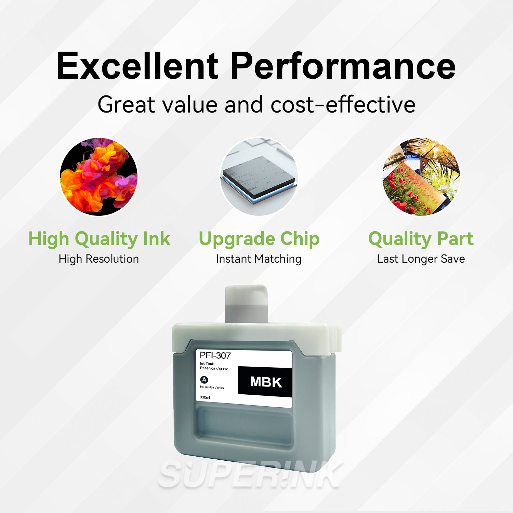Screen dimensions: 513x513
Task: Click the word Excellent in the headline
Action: pyautogui.click(x=137, y=66)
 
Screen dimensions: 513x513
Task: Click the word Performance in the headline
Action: pyautogui.click(x=343, y=66)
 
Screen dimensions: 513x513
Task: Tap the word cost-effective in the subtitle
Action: pyautogui.click(x=343, y=104)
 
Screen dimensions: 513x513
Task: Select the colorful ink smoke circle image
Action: pyautogui.click(x=99, y=176)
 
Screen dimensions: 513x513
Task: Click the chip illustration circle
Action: pyautogui.click(x=259, y=176)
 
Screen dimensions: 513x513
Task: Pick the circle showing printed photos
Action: pyautogui.click(x=421, y=176)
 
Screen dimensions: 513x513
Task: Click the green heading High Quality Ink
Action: pyautogui.click(x=99, y=239)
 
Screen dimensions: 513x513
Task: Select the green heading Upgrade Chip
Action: pyautogui.click(x=259, y=239)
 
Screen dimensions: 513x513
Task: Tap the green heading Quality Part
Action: pyautogui.click(x=421, y=239)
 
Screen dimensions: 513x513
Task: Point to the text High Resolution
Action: pyautogui.click(x=99, y=259)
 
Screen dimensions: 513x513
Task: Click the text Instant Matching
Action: pyautogui.click(x=259, y=259)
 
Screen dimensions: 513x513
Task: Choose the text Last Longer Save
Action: pyautogui.click(x=421, y=259)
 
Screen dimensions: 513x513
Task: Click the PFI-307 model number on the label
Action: pyautogui.click(x=215, y=356)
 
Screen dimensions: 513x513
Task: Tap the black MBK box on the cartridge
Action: pyautogui.click(x=265, y=382)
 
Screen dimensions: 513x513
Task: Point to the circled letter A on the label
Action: pyautogui.click(x=204, y=380)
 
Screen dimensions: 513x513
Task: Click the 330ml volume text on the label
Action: pyautogui.click(x=205, y=397)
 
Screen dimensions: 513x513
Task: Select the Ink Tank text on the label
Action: pyautogui.click(x=207, y=364)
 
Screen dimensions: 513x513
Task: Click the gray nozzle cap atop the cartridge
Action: pyautogui.click(x=246, y=304)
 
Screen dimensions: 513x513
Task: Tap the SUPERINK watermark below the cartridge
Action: pyautogui.click(x=250, y=475)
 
